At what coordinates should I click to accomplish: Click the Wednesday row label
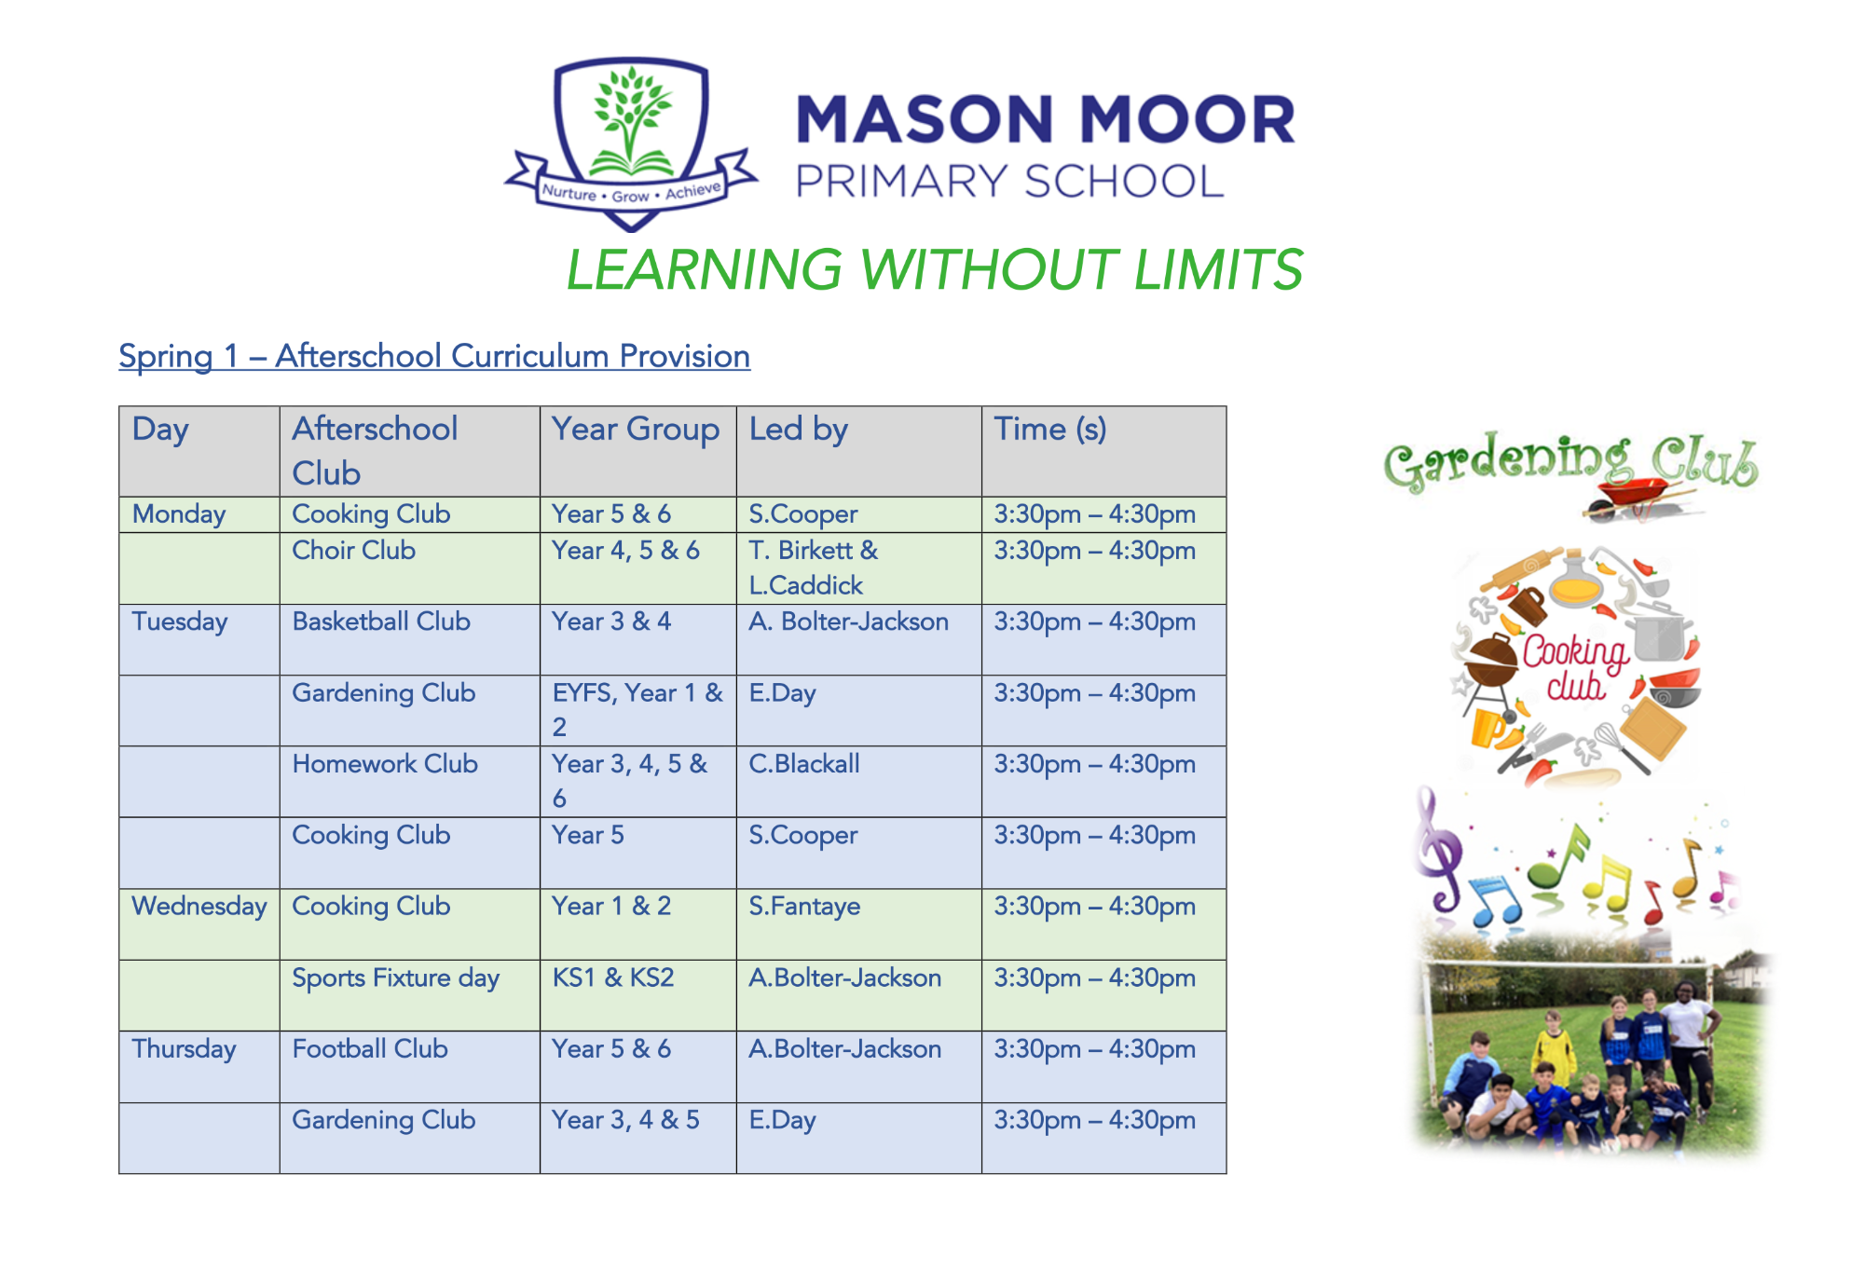(x=199, y=907)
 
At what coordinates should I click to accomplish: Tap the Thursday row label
(x=184, y=1049)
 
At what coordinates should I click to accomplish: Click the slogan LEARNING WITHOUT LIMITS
(x=934, y=270)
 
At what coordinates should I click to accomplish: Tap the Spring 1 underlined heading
(x=434, y=357)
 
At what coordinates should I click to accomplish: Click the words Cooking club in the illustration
(x=1575, y=666)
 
